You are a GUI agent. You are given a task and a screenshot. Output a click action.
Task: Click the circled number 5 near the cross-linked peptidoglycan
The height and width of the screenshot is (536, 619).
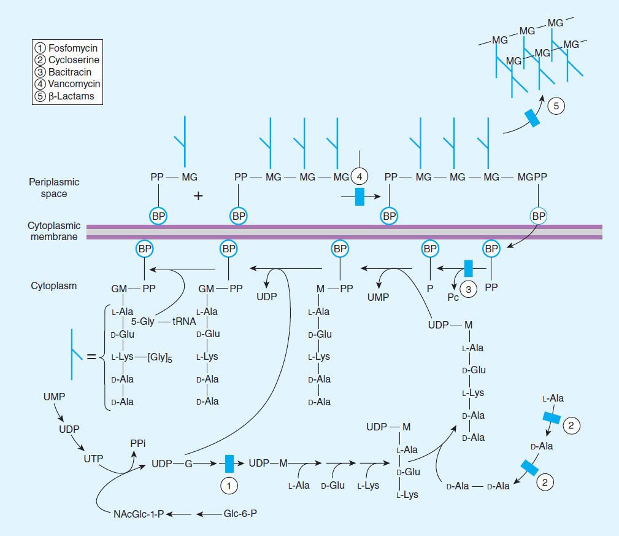coord(556,106)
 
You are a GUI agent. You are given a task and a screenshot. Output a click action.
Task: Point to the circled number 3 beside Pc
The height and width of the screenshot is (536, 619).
coord(469,291)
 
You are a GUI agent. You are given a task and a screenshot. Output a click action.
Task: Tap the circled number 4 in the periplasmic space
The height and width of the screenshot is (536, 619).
coord(359,177)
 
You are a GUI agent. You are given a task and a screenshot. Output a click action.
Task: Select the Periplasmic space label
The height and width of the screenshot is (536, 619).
coord(54,188)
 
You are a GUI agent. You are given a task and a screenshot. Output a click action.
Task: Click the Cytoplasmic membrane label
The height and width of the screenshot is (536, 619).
coord(54,231)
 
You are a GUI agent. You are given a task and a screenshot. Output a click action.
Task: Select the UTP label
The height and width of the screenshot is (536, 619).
coord(94,458)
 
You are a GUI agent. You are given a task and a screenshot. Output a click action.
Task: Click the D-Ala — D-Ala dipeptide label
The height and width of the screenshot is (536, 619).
coord(478,486)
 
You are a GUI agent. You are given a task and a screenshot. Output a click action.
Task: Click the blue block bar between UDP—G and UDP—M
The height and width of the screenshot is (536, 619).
coord(229,464)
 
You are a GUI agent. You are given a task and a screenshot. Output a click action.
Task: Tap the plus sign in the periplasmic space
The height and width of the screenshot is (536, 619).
coord(198,196)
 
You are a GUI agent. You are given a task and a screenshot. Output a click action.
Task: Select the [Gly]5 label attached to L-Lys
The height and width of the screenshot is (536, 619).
coord(160,357)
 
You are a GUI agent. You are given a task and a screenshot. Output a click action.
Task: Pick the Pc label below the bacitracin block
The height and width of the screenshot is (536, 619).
coord(453,298)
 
